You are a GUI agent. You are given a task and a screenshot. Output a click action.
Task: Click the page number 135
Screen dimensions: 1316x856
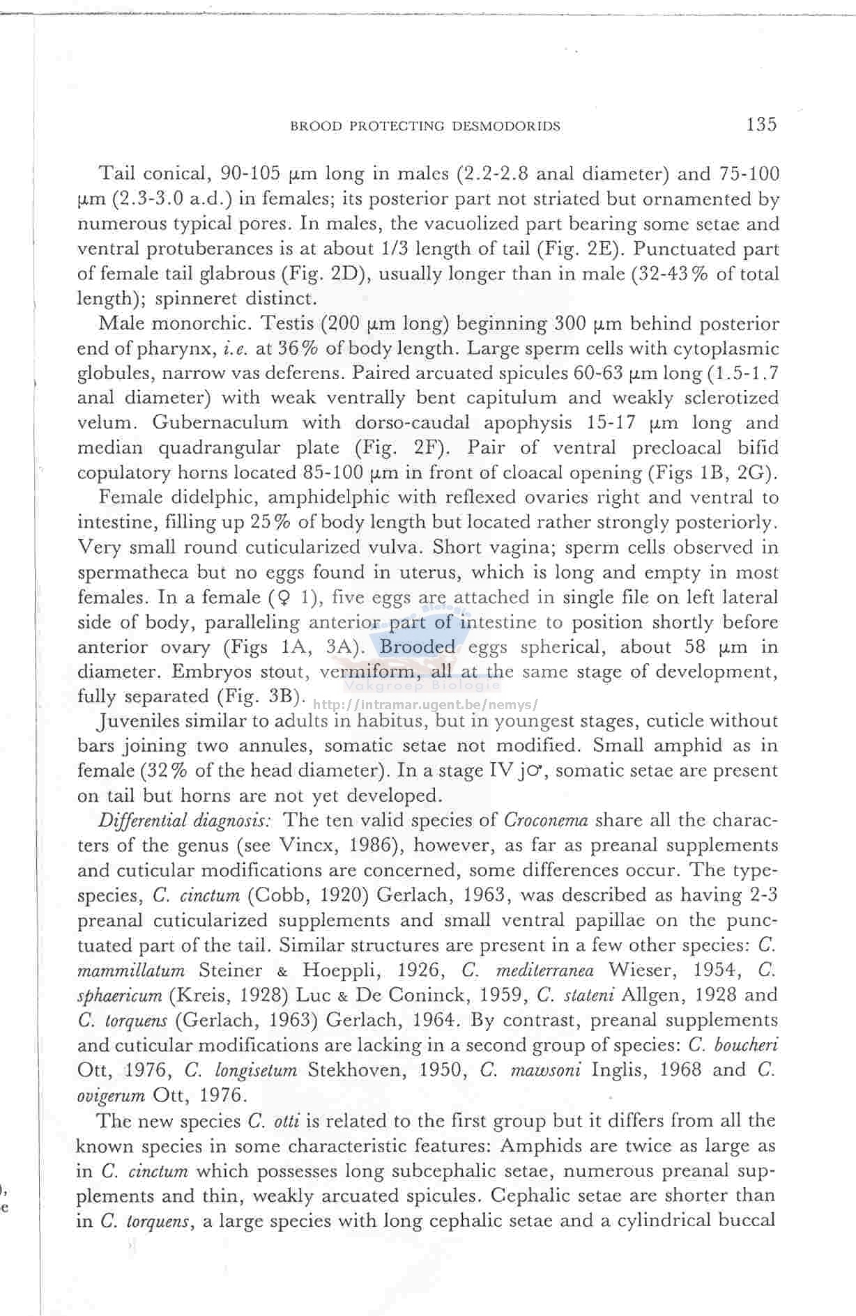tap(761, 125)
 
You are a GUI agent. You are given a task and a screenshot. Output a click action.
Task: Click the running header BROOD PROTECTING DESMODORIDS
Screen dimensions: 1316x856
tap(425, 126)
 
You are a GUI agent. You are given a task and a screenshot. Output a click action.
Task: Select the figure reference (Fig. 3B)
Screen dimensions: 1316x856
tap(262, 696)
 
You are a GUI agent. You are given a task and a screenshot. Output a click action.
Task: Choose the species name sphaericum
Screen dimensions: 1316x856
tap(119, 996)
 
